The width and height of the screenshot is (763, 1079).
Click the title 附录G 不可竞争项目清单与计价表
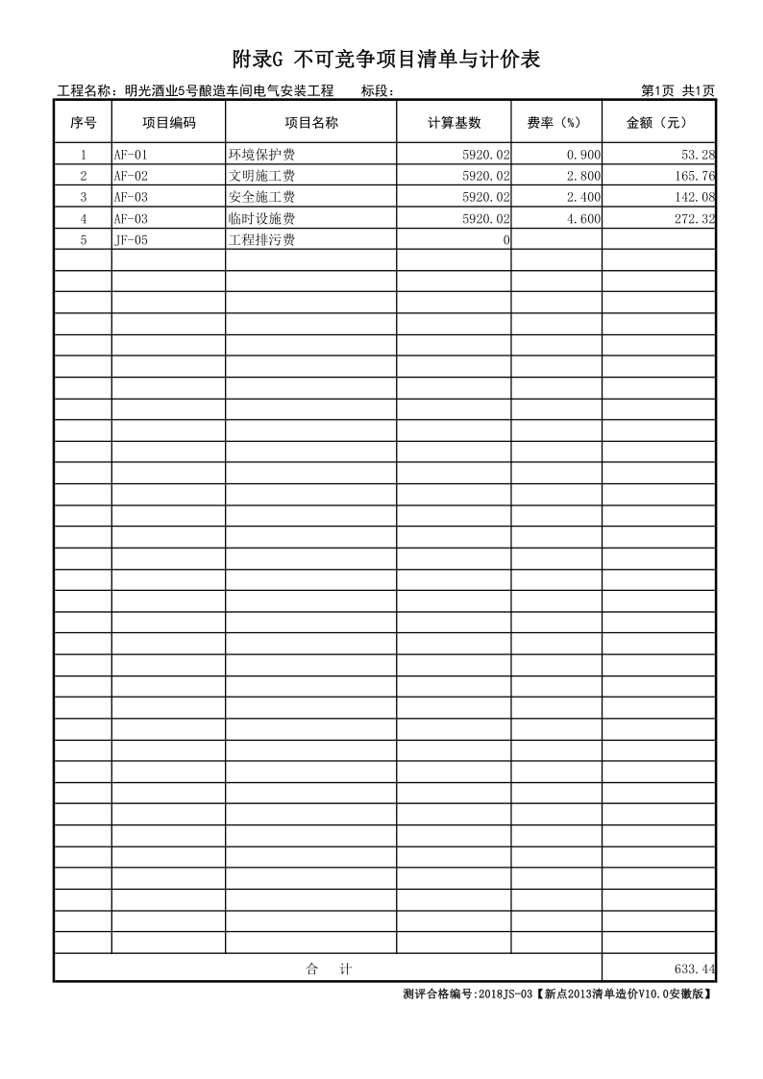pos(386,60)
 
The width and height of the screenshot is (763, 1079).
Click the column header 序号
pos(83,123)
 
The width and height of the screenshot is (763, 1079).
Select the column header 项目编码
pos(168,123)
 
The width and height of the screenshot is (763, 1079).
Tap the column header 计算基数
pos(454,123)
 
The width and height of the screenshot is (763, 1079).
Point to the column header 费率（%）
pos(555,123)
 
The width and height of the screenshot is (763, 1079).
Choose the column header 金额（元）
pos(658,123)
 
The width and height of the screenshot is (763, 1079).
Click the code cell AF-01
pos(131,155)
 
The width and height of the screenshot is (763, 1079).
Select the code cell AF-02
pos(131,176)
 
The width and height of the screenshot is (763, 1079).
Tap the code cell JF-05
pos(131,240)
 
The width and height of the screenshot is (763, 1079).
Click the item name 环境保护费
pos(260,155)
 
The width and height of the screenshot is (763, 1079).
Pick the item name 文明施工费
pos(260,176)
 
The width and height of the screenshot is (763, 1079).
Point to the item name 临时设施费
pos(260,219)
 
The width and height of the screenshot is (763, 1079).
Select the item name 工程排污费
pos(260,240)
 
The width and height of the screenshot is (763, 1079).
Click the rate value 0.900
pos(583,155)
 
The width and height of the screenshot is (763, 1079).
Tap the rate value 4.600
pos(583,219)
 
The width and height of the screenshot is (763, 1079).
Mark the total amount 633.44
pos(695,969)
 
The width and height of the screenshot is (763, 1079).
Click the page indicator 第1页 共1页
pos(677,91)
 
